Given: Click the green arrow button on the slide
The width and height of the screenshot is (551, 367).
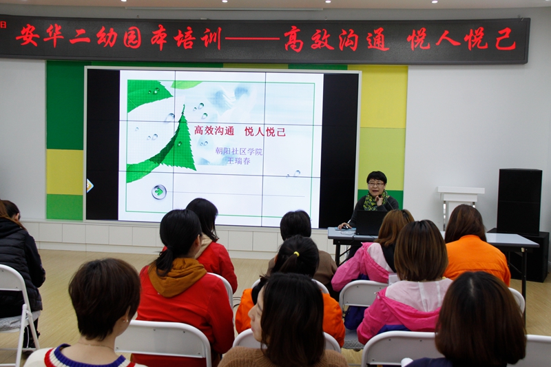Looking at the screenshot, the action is pos(159,191).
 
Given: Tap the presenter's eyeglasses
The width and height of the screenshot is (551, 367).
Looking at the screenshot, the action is pos(376,184).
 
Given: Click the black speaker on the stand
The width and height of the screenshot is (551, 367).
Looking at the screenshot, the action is pos(519,201).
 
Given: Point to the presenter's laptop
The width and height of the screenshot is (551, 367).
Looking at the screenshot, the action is pos(371,222).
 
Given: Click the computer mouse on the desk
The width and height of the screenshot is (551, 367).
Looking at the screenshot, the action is pos(346,227).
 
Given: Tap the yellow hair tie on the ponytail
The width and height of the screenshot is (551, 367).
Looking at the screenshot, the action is pos(297,253).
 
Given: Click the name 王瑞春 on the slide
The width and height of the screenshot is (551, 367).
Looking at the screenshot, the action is pos(238,161).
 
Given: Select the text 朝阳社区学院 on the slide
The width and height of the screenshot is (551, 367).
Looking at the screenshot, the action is pos(238,151).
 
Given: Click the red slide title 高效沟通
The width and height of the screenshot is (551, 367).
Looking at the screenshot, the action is pos(214,131).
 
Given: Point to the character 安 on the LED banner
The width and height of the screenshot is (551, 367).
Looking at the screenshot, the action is pos(28,35).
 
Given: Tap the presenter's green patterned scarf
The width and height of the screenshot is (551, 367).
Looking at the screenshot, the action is pos(375,202).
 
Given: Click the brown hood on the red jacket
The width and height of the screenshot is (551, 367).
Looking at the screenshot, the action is pos(178,276).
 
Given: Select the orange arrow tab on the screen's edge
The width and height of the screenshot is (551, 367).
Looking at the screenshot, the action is pos(90,186).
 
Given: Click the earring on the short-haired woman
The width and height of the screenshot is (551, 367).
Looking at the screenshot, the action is pos(125,321).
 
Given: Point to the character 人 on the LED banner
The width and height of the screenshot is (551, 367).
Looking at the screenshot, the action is pos(448,38).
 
